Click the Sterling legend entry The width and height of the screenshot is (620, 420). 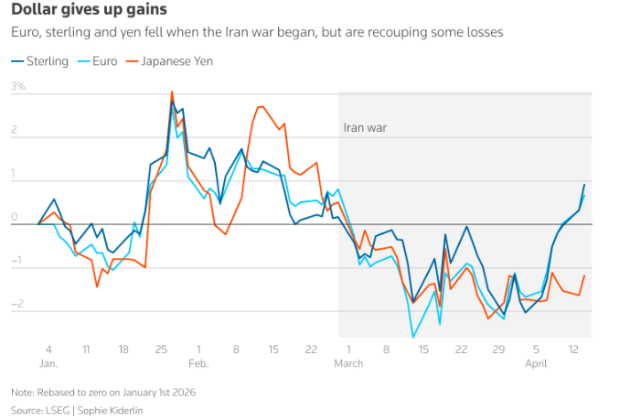point(40,61)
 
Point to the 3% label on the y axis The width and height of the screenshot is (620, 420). point(18,87)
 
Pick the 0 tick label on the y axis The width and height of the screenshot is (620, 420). point(15,218)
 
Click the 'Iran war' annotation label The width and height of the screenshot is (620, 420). point(365,129)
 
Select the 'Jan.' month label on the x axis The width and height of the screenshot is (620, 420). point(49,362)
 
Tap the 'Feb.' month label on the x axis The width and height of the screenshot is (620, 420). point(198,362)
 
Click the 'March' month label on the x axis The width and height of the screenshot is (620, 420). point(348,362)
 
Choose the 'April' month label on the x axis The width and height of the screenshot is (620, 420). point(536,362)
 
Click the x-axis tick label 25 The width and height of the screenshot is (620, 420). point(161,349)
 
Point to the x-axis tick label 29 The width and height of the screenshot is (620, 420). point(498,349)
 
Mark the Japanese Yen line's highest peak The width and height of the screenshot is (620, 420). point(172,91)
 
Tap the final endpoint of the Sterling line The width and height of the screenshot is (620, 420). point(584,185)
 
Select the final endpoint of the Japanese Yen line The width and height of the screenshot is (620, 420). point(584,275)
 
